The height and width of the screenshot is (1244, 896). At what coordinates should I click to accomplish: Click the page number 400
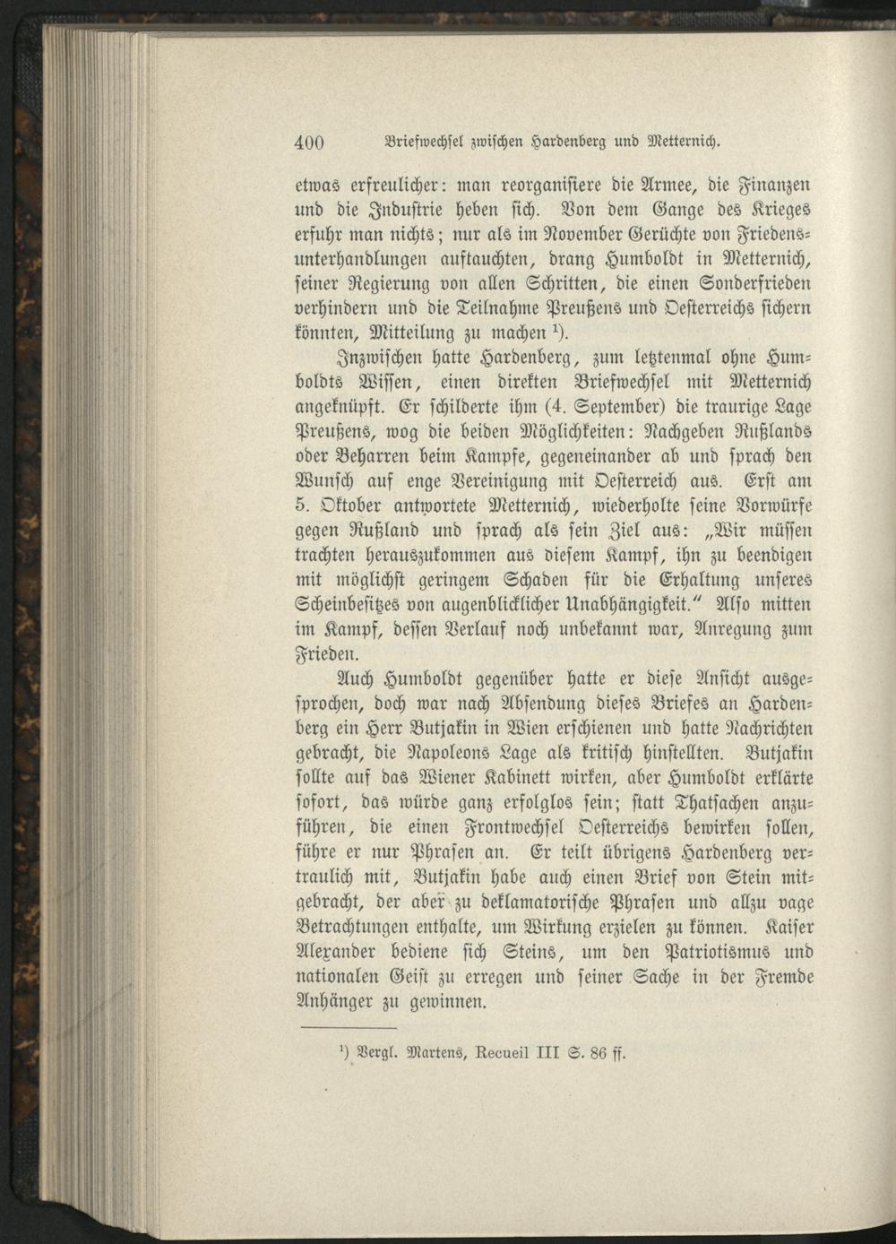308,142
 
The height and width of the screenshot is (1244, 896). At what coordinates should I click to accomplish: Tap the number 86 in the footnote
598,1052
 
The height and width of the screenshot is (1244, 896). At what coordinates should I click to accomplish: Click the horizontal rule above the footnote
335,1027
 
